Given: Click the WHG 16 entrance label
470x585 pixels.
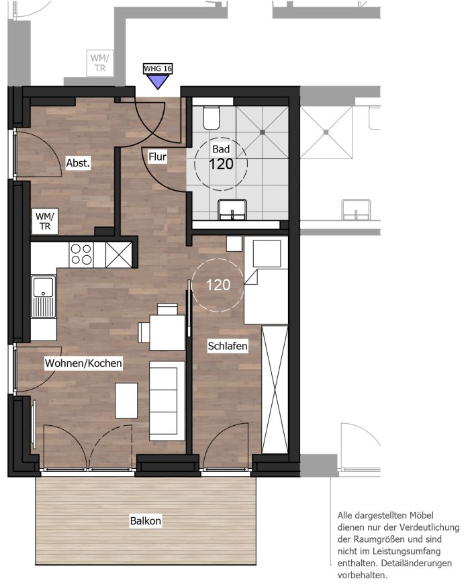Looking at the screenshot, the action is coord(158,69).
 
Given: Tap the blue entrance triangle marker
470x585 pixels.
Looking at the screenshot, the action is coord(158,81).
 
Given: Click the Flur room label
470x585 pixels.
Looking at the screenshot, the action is coord(157,156).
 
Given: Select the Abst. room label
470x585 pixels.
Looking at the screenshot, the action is coord(78,163).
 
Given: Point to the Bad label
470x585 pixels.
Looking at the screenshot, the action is coord(221,149).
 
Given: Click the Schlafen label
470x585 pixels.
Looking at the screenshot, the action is coord(228,346).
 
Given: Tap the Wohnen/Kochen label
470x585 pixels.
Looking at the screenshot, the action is coord(83,363).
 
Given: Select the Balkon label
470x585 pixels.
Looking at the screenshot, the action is coord(146,521).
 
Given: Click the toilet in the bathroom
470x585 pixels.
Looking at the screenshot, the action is coord(211,117).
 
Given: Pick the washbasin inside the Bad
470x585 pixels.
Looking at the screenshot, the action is coord(232,210).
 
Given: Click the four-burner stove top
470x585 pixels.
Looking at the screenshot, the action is coord(81,255).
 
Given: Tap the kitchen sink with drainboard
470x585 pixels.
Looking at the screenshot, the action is coord(43,297).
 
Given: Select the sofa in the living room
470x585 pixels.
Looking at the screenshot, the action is coord(167,401).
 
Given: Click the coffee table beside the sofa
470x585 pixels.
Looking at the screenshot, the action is coord(126,401).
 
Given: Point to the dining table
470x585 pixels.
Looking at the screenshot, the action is coord(167,332).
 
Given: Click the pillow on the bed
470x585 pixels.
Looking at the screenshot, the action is coord(267,254).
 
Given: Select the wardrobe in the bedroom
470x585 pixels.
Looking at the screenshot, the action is coord(275,390).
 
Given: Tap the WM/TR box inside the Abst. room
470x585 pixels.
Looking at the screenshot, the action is coord(45,221).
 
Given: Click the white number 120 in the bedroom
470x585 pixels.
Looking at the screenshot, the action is coord(218,285).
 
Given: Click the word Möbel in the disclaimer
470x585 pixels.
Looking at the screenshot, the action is coord(422,515).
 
